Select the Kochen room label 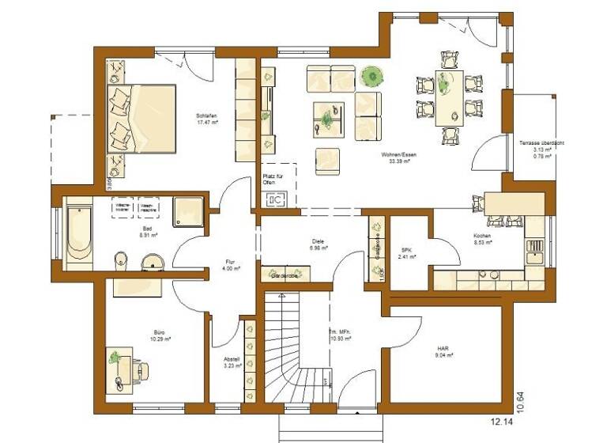[x=483, y=237]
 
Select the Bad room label [x=145, y=226]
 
